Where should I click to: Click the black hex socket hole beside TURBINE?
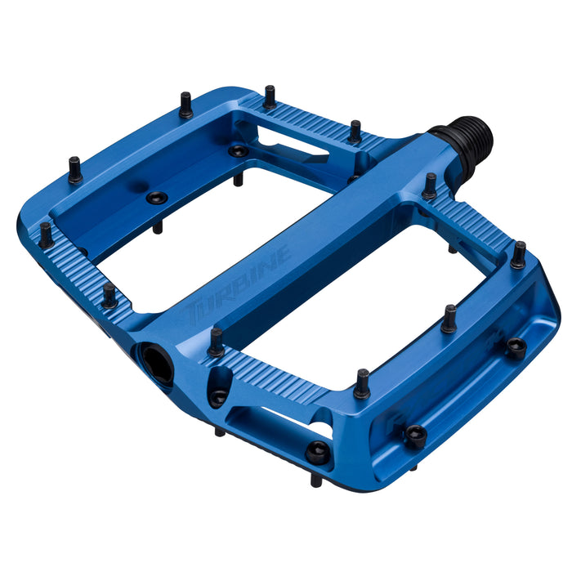coord(156,363)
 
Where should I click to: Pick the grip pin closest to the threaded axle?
coord(429,186)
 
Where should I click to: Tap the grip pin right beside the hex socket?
coord(216,342)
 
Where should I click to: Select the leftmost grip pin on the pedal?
coord(46,236)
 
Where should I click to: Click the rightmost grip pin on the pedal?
coord(518,256)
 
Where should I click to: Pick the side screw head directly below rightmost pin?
coord(516,346)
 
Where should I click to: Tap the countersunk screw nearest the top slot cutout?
coord(238,151)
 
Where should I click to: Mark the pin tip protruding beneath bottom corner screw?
coord(315,480)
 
